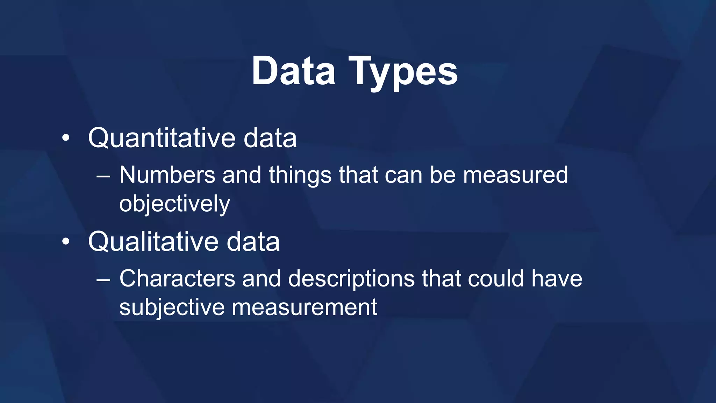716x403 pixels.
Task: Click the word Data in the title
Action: coord(293,71)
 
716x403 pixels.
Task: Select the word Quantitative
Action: coord(162,138)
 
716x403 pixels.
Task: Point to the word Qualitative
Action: coord(153,242)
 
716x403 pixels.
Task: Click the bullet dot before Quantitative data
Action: coord(66,138)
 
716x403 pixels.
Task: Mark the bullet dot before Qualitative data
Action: coord(66,242)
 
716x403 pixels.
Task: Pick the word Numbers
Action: coord(167,175)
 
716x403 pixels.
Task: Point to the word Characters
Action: coord(177,279)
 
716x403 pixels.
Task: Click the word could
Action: coord(495,279)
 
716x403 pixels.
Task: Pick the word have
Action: coord(557,279)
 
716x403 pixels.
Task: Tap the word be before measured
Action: coord(442,175)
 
